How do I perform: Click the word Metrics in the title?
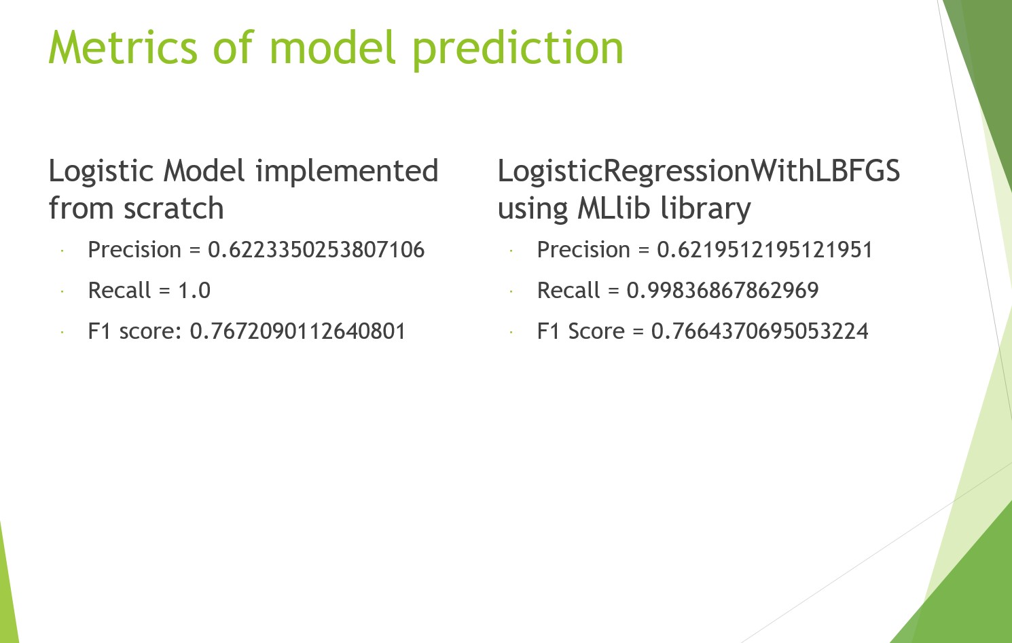tap(123, 48)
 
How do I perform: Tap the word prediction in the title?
tap(518, 50)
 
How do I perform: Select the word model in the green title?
tap(333, 47)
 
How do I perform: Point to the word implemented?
tap(347, 172)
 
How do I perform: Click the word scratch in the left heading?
tap(173, 208)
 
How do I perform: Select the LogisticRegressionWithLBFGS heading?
tap(698, 172)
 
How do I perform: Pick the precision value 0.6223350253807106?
tap(317, 250)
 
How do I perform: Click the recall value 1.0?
tap(194, 291)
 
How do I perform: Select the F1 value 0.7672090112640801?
tap(297, 331)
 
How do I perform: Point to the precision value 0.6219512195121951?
tap(764, 250)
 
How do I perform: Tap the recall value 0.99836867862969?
tap(723, 291)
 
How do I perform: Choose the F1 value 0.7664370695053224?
tap(759, 331)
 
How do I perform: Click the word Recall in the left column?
tap(120, 291)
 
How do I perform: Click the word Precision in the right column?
tap(583, 250)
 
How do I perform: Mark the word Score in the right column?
tap(596, 331)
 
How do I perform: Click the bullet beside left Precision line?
tap(62, 251)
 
